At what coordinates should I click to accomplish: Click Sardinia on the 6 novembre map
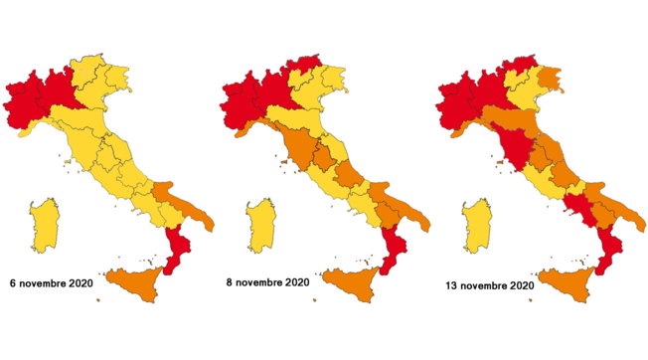click(x=44, y=223)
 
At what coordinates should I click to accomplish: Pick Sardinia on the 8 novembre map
click(x=261, y=223)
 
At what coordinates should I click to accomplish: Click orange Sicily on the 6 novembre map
click(x=138, y=284)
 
